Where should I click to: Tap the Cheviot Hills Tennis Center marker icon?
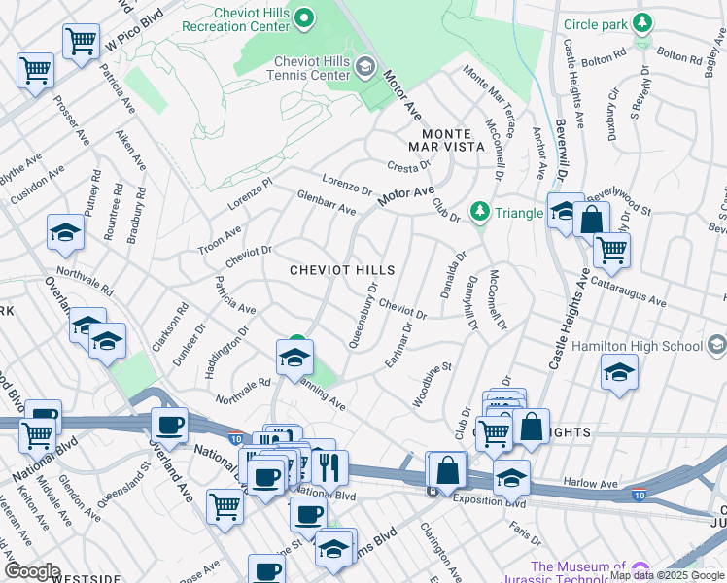tap(364, 66)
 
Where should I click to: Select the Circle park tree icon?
tap(641, 22)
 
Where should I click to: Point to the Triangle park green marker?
tap(478, 211)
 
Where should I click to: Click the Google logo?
tap(32, 571)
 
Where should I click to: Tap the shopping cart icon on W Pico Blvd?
tap(81, 41)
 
